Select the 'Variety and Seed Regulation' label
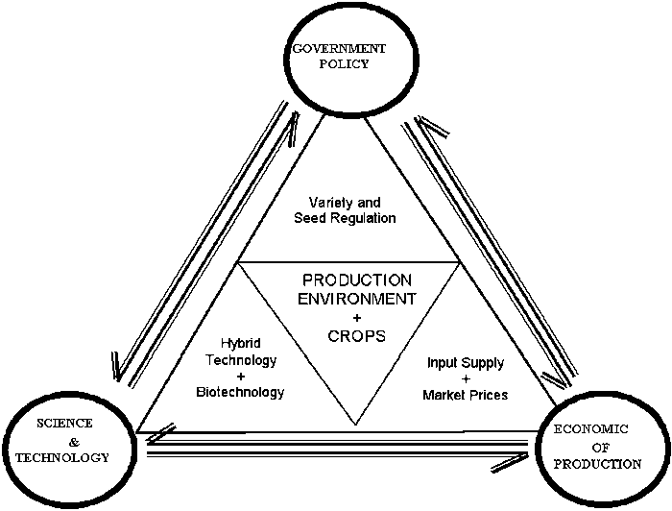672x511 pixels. pos(345,210)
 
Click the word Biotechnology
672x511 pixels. pos(240,392)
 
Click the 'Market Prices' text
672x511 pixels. pos(465,395)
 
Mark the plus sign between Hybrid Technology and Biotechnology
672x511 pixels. pos(241,376)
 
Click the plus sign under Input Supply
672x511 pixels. pos(465,379)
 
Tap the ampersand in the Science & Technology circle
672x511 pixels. pos(59,441)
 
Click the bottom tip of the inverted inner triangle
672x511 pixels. pos(357,425)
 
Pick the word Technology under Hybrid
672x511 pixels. pos(241,359)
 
